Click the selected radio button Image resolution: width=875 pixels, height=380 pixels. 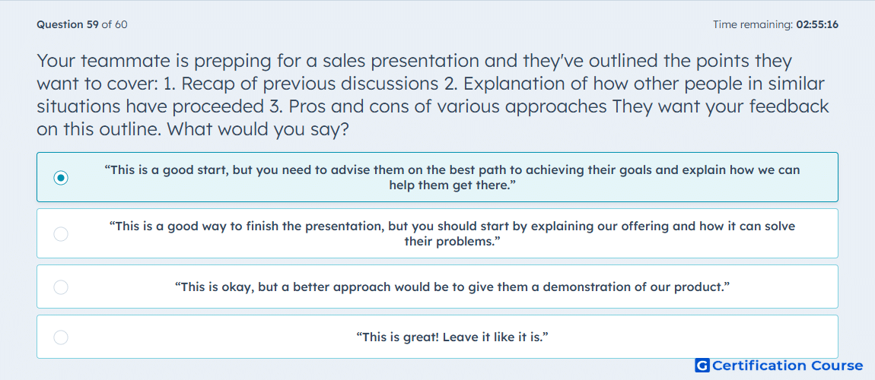pyautogui.click(x=61, y=178)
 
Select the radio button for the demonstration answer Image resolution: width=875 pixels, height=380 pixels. pyautogui.click(x=61, y=287)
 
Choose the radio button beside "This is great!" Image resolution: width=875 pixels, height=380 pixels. pyautogui.click(x=61, y=337)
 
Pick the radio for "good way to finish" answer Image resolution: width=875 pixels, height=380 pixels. pyautogui.click(x=61, y=234)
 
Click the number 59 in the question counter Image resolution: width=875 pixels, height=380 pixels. pyautogui.click(x=93, y=24)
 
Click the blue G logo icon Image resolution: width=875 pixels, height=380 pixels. pyautogui.click(x=702, y=366)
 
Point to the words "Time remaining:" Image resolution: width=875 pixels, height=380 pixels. pyautogui.click(x=752, y=24)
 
